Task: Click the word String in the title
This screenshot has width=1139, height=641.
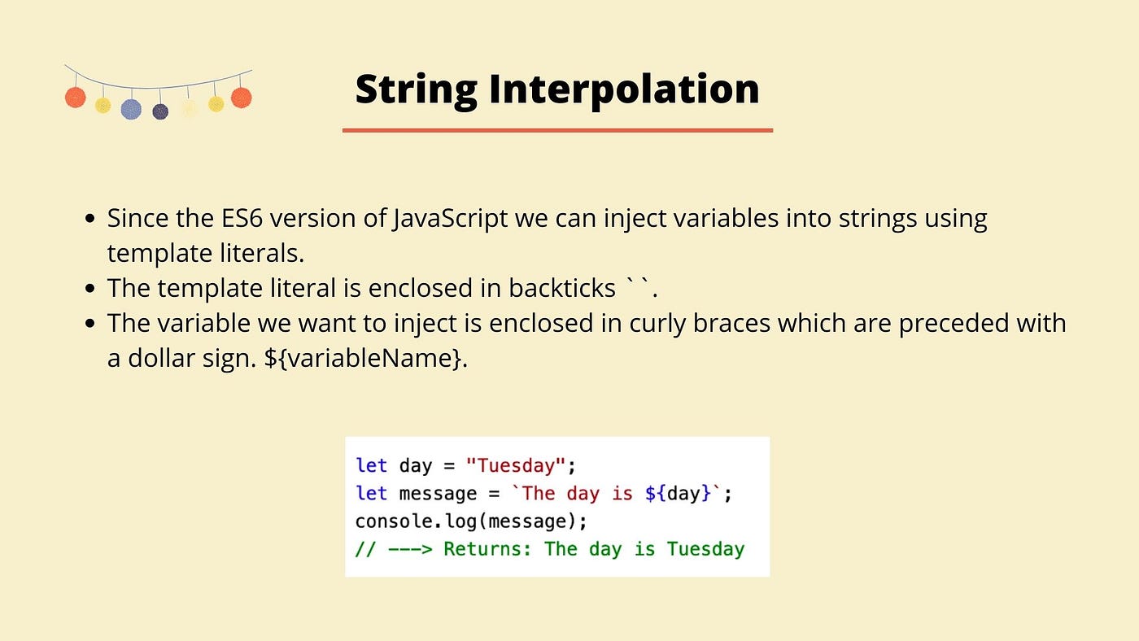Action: click(x=416, y=90)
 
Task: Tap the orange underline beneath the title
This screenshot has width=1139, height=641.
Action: click(x=557, y=131)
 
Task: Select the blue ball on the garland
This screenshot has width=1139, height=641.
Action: click(x=131, y=109)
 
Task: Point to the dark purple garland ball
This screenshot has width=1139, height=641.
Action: click(x=160, y=111)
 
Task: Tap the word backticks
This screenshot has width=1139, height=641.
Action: click(x=562, y=288)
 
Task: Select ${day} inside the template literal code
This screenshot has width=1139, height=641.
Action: click(x=678, y=494)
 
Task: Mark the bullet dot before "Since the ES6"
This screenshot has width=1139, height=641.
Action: click(x=90, y=219)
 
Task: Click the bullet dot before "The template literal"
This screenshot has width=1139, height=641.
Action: click(x=90, y=289)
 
